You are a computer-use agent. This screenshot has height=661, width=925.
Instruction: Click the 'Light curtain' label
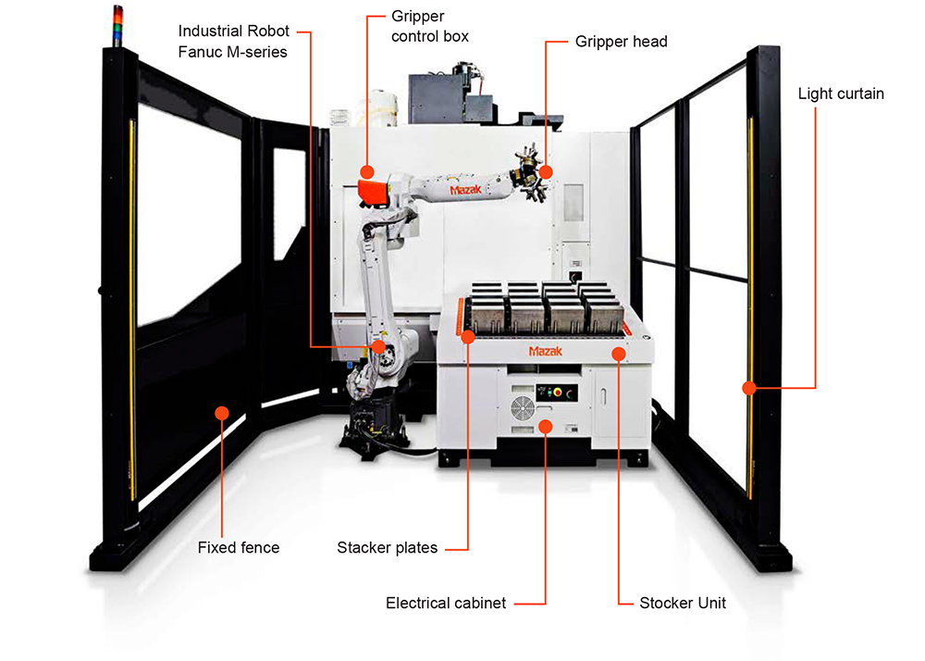(x=841, y=94)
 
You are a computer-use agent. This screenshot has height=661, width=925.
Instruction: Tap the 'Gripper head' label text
(x=621, y=42)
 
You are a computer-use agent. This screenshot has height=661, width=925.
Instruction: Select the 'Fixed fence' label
(x=238, y=547)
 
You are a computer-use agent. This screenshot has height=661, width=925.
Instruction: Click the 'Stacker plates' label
(x=387, y=547)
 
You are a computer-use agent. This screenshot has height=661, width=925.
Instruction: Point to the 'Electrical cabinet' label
(x=446, y=604)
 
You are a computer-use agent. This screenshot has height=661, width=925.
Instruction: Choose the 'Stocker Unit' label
(x=683, y=604)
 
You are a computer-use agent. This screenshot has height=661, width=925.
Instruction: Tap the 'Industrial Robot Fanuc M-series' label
(x=232, y=42)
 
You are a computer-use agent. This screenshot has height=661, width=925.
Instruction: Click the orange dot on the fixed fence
(x=222, y=412)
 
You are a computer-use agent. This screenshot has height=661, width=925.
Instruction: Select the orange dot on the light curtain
(x=747, y=387)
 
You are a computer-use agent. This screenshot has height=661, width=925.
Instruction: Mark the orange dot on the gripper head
(x=546, y=171)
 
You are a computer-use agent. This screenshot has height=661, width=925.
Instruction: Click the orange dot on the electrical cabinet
(x=546, y=426)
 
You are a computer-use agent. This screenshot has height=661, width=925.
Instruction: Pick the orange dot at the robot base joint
(x=377, y=346)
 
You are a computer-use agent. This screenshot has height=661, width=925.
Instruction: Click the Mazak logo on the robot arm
(x=468, y=189)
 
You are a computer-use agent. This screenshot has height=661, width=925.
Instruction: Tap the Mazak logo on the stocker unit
(x=547, y=352)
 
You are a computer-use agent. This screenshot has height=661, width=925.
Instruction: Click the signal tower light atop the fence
(x=117, y=22)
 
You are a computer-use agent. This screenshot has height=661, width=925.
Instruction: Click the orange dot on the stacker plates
(x=468, y=338)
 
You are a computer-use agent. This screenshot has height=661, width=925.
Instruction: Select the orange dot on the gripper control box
(x=367, y=171)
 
